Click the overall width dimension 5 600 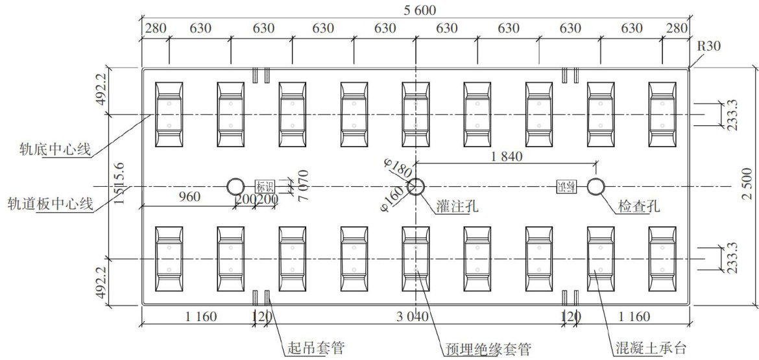click(x=415, y=10)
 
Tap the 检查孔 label click(x=639, y=207)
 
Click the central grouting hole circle click(x=416, y=187)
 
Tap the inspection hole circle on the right click(x=595, y=187)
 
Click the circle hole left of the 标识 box click(x=235, y=187)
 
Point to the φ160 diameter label click(x=392, y=199)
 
